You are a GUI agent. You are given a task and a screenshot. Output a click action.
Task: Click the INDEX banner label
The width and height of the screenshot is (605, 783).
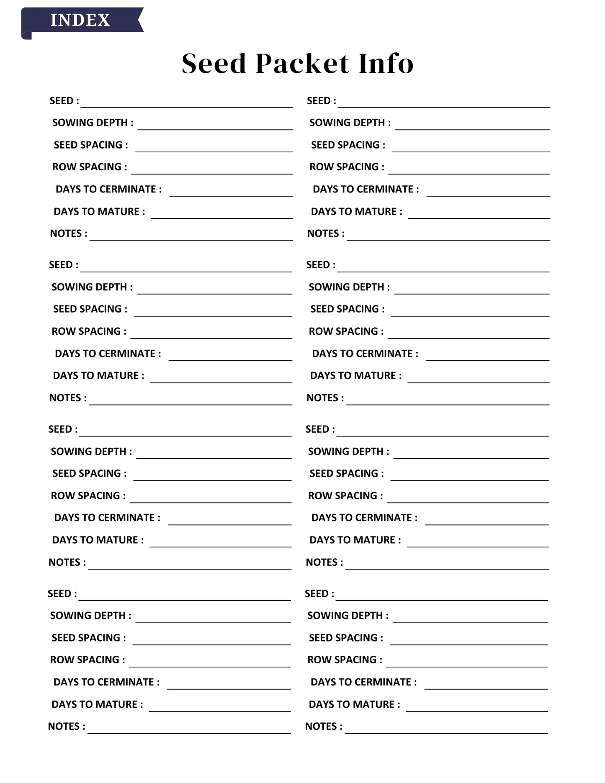tap(80, 20)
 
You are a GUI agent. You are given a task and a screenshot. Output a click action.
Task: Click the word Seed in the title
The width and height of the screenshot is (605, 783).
tap(214, 64)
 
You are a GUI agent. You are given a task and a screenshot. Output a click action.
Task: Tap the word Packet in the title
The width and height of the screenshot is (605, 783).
tap(302, 64)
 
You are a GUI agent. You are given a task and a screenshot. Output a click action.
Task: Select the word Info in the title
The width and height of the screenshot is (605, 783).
tap(386, 64)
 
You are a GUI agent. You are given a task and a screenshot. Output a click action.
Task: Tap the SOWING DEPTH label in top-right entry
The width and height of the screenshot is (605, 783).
tap(350, 123)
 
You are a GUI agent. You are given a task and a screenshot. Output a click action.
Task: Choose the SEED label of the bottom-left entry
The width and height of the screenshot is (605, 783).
tap(62, 594)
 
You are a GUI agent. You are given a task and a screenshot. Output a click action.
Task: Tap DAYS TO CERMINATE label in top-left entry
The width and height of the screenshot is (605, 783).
tap(108, 189)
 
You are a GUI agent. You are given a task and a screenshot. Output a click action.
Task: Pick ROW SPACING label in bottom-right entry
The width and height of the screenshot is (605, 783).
tap(345, 660)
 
